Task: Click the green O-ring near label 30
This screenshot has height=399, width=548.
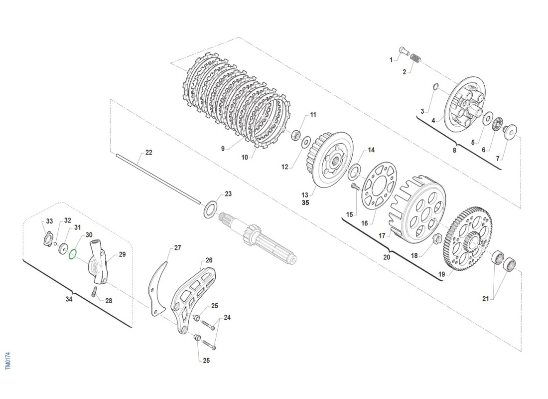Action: click(72, 254)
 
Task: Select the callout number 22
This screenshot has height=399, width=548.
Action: click(149, 153)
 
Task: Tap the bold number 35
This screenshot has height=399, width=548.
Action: click(305, 203)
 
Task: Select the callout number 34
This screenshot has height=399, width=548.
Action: click(69, 299)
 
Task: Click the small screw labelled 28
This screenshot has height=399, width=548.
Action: click(94, 293)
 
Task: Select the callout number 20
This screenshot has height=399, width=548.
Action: click(387, 257)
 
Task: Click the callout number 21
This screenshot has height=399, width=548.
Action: click(486, 299)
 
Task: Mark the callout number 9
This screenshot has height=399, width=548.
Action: click(223, 148)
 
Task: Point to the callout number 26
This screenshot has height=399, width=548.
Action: click(209, 260)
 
